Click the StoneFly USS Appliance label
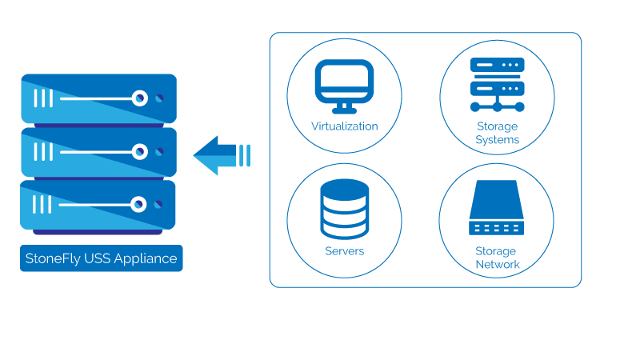tap(101, 258)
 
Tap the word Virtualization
tap(344, 126)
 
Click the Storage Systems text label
tap(497, 133)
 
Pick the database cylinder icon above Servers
tap(344, 209)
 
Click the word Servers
tap(344, 251)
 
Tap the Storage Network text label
tap(497, 258)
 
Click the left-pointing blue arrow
tap(216, 154)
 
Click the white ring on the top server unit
tap(139, 98)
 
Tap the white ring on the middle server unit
tap(139, 151)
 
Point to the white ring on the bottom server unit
tap(139, 204)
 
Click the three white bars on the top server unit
tap(42, 98)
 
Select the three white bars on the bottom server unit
tap(42, 204)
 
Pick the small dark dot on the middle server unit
tap(159, 151)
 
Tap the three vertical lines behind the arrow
tap(245, 154)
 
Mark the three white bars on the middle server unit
tap(42, 151)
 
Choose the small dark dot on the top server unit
tap(159, 98)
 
